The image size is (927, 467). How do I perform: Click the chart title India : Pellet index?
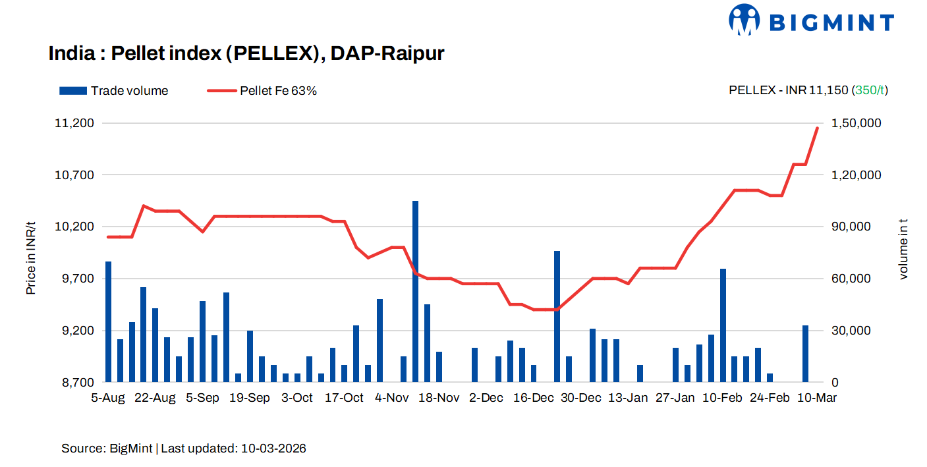point(246,53)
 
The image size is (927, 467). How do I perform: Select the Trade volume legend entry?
point(114,91)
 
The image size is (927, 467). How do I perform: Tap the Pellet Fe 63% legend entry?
point(262,91)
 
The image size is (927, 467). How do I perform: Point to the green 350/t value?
point(870,91)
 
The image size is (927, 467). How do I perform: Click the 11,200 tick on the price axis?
point(77,123)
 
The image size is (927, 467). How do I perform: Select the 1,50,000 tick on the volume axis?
point(857,123)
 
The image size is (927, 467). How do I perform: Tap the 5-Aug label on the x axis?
point(107,398)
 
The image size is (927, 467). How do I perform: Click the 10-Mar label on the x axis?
point(817,398)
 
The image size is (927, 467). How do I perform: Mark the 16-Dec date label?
point(534,398)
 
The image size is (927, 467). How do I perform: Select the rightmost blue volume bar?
point(805,354)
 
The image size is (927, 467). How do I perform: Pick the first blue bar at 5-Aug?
point(109,321)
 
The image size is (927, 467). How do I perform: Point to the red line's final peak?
point(817,128)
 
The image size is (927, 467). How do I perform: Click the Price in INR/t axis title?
point(31,258)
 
